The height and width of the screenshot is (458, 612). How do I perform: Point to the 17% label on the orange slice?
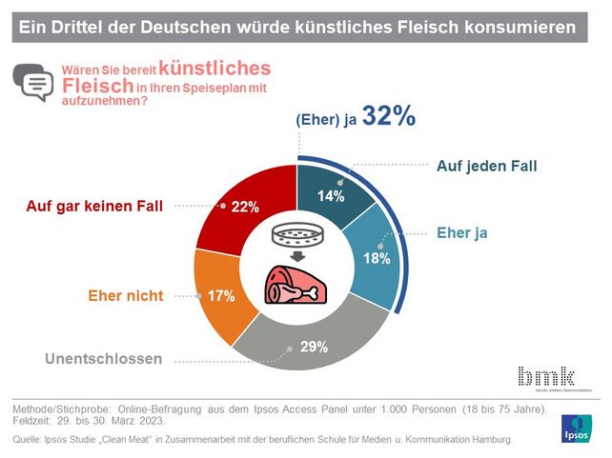click(x=222, y=296)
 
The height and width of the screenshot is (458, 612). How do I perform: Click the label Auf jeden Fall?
click(x=486, y=166)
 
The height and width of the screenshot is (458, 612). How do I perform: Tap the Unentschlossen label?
click(x=103, y=359)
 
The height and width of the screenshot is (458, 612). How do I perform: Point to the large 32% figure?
click(x=390, y=117)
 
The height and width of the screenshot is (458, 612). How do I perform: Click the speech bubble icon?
click(x=34, y=83)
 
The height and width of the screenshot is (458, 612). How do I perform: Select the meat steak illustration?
click(x=296, y=285)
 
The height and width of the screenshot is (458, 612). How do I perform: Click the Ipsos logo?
click(x=581, y=428)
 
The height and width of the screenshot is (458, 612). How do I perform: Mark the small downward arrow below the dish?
click(x=296, y=255)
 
